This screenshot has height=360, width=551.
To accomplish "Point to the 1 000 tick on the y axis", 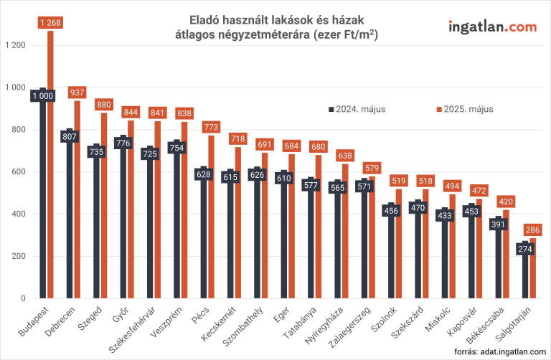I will click(17, 87).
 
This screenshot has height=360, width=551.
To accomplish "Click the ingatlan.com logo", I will click(491, 27).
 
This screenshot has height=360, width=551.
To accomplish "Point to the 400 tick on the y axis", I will click(20, 214).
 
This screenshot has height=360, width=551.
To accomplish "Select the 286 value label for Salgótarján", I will click(533, 231).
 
